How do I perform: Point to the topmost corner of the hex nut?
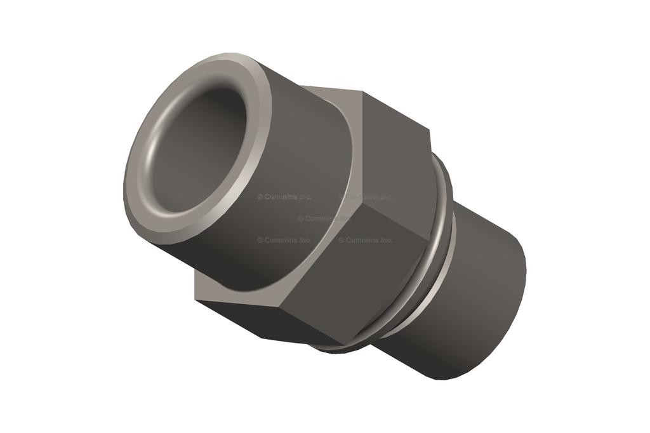(362, 91)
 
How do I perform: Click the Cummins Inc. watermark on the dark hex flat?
(365, 240)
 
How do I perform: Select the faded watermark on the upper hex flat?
(368, 197)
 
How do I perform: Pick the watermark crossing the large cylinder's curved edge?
(324, 218)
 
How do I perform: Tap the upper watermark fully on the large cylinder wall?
(284, 197)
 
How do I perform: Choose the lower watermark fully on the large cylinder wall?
(284, 240)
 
